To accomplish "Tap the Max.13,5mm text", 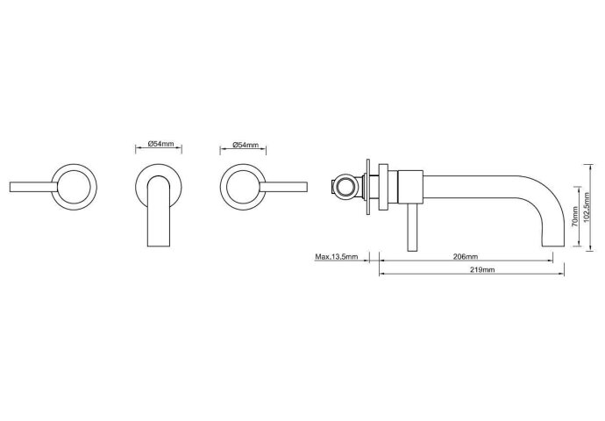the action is pos(337,257).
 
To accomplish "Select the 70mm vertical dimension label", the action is pos(575,217).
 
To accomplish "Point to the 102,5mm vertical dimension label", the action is pos(587,208).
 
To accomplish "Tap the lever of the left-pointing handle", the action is pos(33,187).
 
